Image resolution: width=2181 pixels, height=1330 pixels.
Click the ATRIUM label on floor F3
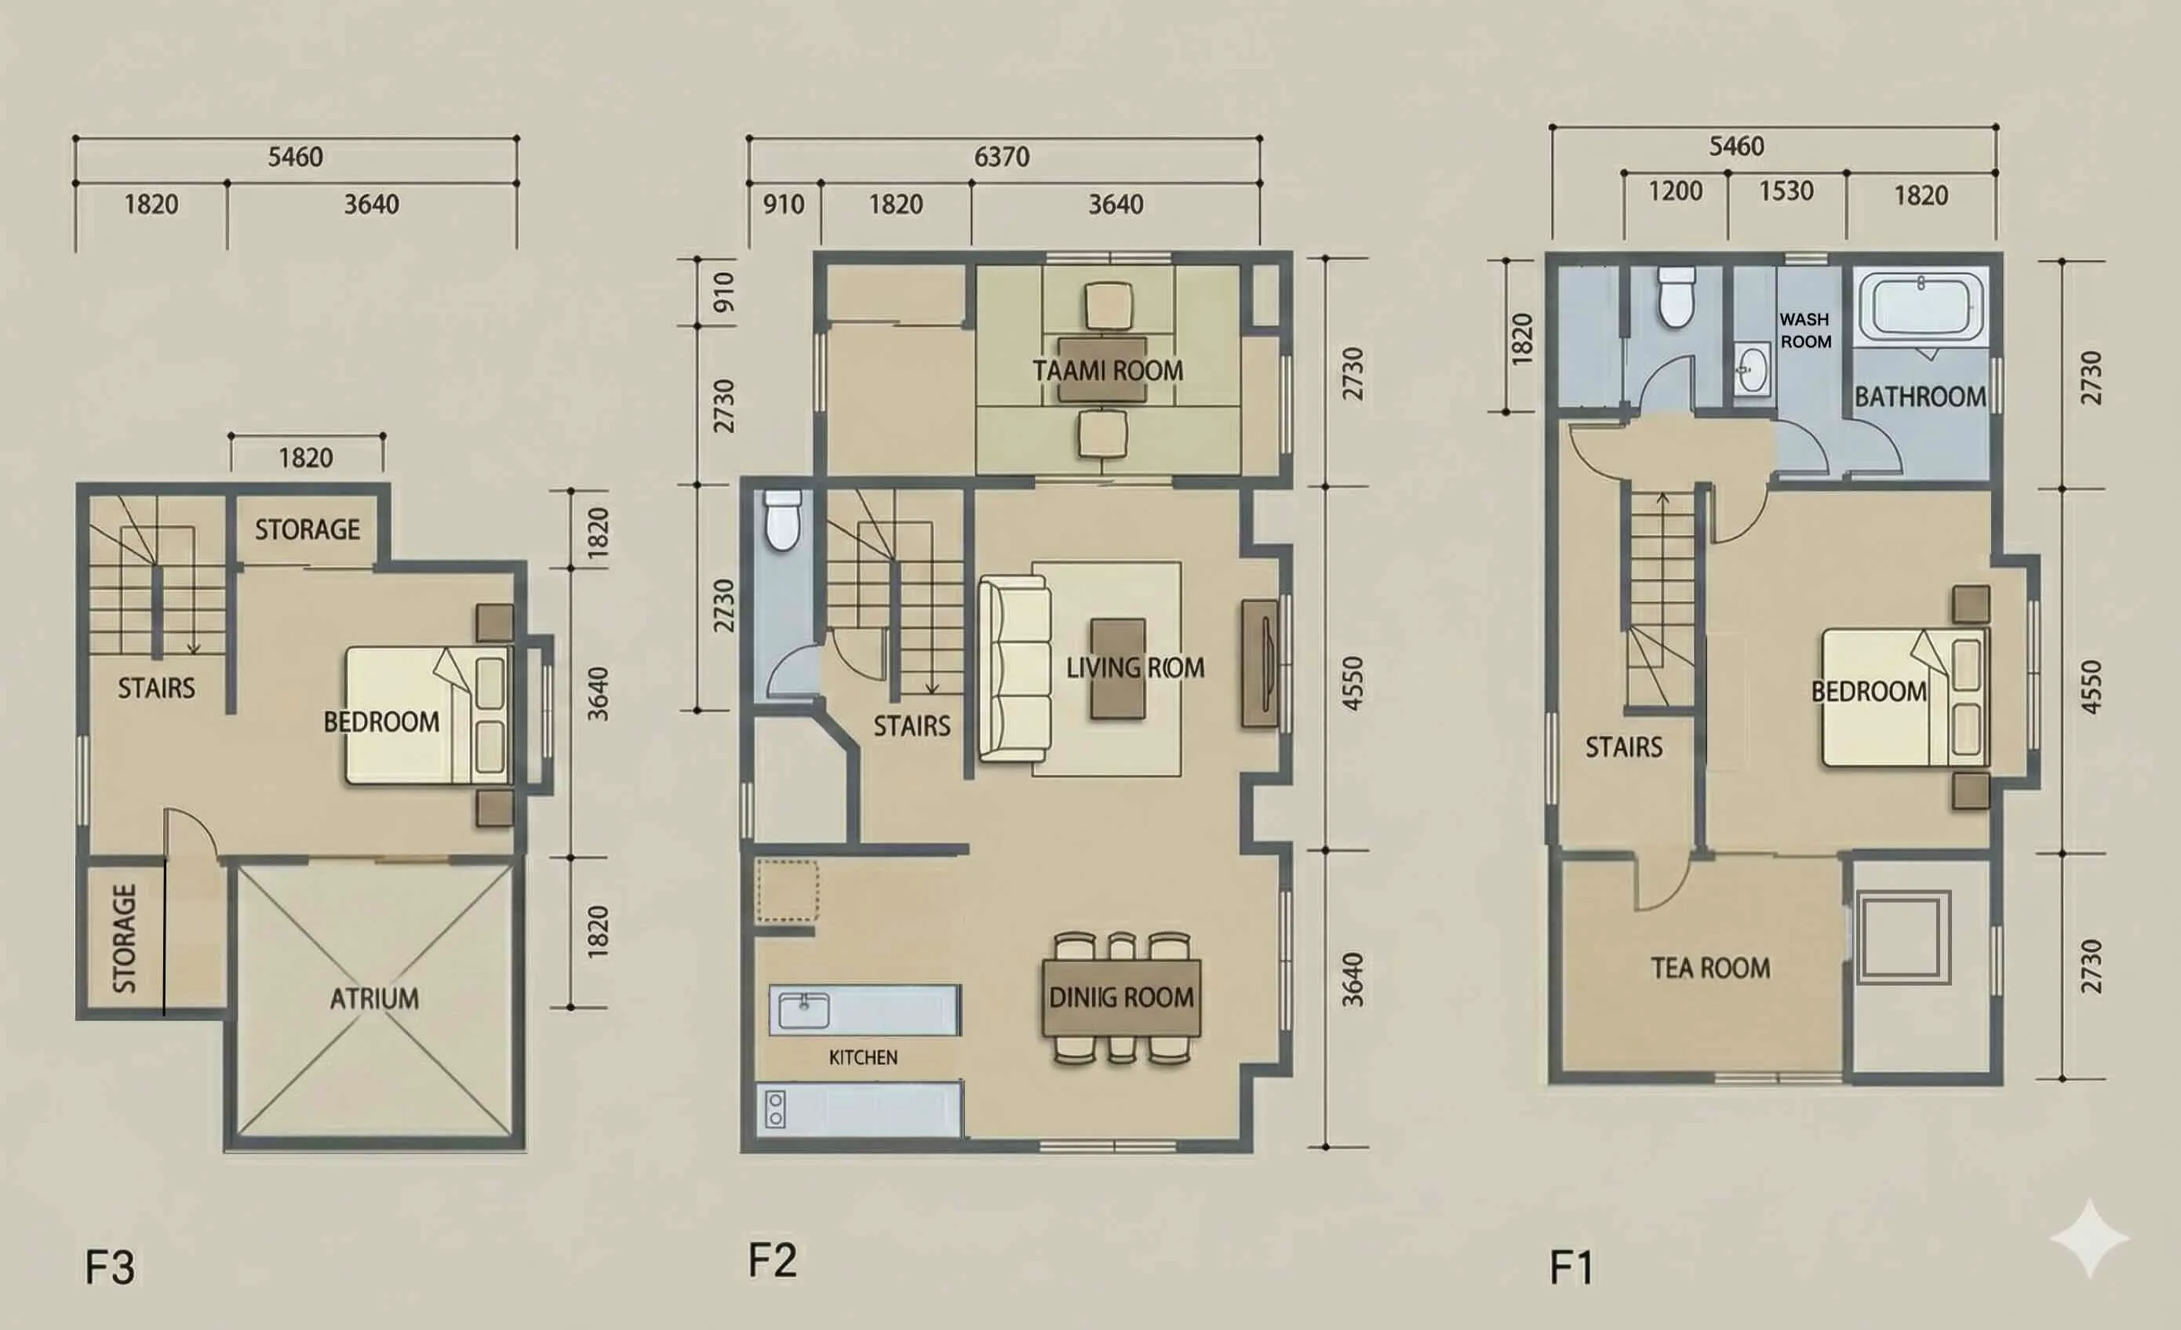click(x=374, y=999)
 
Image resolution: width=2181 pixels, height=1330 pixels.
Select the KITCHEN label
click(x=863, y=1057)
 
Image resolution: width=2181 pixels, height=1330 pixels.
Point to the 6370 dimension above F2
click(x=1002, y=158)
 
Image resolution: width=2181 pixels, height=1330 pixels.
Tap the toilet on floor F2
click(x=782, y=521)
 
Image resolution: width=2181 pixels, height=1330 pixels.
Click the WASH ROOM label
click(x=1804, y=330)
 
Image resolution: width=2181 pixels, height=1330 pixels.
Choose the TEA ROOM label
click(x=1710, y=968)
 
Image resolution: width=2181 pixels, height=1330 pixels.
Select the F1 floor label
click(x=1572, y=1267)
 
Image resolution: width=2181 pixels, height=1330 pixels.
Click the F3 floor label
click(x=110, y=1267)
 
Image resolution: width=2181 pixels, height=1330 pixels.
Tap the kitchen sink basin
click(x=803, y=1011)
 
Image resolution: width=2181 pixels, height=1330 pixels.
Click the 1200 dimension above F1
click(x=1675, y=191)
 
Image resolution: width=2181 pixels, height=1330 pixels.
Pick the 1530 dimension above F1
click(x=1786, y=191)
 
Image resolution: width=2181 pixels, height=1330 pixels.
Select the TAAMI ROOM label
click(x=1107, y=371)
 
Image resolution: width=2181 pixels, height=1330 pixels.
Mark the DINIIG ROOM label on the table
click(x=1121, y=998)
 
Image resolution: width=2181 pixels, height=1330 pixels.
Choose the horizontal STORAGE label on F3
click(x=308, y=530)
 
